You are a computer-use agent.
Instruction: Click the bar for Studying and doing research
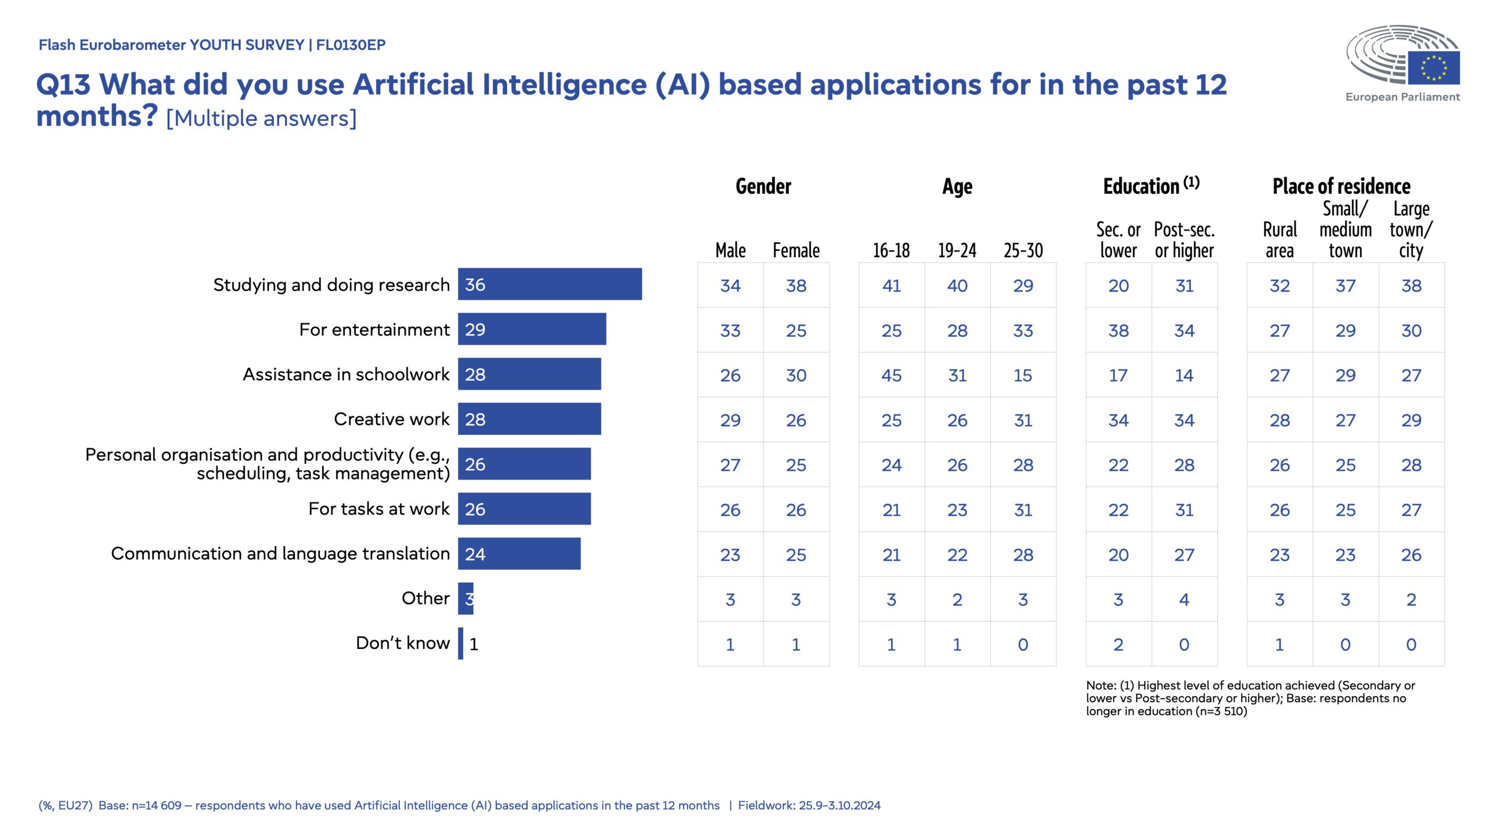coord(549,284)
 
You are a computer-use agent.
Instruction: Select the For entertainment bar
coord(532,329)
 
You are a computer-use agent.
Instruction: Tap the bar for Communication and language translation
coord(519,554)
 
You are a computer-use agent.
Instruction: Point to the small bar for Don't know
coord(461,643)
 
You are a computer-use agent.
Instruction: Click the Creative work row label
coord(391,419)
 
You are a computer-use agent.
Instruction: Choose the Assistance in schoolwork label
coord(346,374)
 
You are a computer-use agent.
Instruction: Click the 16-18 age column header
coord(891,251)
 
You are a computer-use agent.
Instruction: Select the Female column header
coord(796,251)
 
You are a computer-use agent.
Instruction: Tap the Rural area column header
coord(1279,240)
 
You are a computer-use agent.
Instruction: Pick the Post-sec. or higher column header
coord(1184,240)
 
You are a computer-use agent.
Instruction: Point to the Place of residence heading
coord(1341,186)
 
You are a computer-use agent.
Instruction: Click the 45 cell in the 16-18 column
coord(891,376)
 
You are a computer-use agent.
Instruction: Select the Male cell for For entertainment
coord(730,331)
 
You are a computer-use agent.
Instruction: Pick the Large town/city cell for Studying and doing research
coord(1411,286)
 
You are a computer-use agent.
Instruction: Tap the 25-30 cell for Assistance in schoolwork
coord(1023,376)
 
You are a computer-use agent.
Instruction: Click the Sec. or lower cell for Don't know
coord(1118,644)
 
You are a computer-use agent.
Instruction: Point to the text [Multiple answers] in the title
coord(261,118)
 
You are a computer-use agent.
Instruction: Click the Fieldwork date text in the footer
coord(809,805)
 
